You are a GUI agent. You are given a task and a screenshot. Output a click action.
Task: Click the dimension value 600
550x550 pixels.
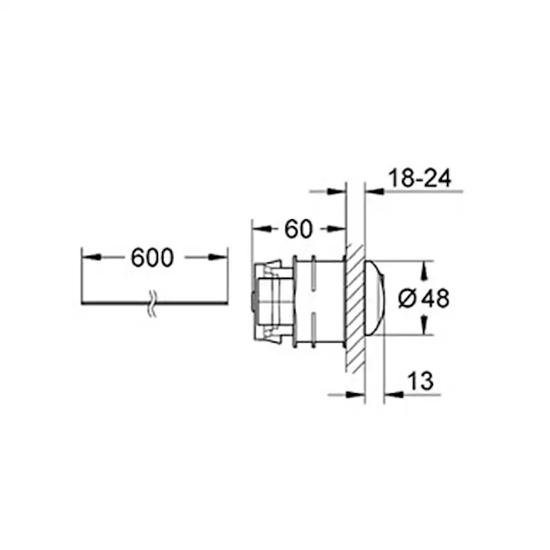pos(152,258)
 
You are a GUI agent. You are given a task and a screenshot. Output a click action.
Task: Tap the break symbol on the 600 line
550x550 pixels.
pos(152,304)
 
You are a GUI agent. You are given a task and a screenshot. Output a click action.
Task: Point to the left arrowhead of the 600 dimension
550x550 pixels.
pos(90,257)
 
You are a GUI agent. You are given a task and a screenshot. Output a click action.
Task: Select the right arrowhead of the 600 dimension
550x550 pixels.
pos(219,257)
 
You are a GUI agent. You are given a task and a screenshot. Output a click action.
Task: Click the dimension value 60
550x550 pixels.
pos(298,229)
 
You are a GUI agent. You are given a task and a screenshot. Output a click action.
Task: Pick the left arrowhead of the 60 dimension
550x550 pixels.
pos(259,229)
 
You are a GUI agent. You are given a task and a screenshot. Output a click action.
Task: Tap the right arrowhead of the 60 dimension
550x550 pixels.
pos(337,229)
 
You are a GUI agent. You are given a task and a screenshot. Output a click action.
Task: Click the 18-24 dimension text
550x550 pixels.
pos(419,178)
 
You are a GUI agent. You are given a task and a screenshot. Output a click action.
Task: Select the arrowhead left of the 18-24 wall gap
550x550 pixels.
pos(338,191)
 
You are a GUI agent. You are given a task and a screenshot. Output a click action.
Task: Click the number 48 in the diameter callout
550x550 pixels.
pos(436,299)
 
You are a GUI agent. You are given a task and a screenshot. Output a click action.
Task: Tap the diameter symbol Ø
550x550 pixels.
pos(407,300)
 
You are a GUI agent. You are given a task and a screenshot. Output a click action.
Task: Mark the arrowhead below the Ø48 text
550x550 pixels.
pos(424,327)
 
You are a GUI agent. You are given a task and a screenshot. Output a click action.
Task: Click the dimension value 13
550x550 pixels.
pos(419,381)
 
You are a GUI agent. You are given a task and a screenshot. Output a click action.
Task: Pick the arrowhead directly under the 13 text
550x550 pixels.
pos(395,394)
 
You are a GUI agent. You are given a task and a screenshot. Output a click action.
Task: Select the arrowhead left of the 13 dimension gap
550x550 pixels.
pos(357,394)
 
